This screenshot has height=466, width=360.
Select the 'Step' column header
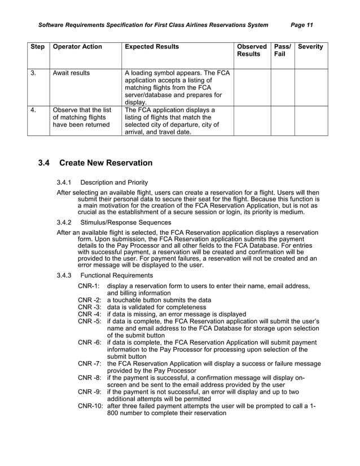[x=37, y=47]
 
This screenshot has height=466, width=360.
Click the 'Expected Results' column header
[x=152, y=47]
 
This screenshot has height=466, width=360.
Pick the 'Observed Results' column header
[x=252, y=50]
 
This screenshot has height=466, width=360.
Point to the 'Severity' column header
[x=310, y=47]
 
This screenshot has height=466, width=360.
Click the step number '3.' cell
[x=34, y=73]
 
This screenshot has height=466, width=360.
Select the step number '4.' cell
[x=34, y=109]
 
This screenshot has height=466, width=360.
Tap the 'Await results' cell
[x=71, y=73]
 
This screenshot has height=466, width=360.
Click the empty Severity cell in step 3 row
[x=311, y=87]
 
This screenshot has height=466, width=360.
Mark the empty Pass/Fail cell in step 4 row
[x=282, y=121]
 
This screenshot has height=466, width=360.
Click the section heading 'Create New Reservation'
[x=106, y=163]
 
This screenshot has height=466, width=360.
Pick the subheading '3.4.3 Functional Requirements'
[x=104, y=275]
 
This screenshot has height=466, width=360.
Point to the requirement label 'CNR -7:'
[x=90, y=364]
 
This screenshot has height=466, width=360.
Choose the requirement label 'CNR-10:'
[x=90, y=406]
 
